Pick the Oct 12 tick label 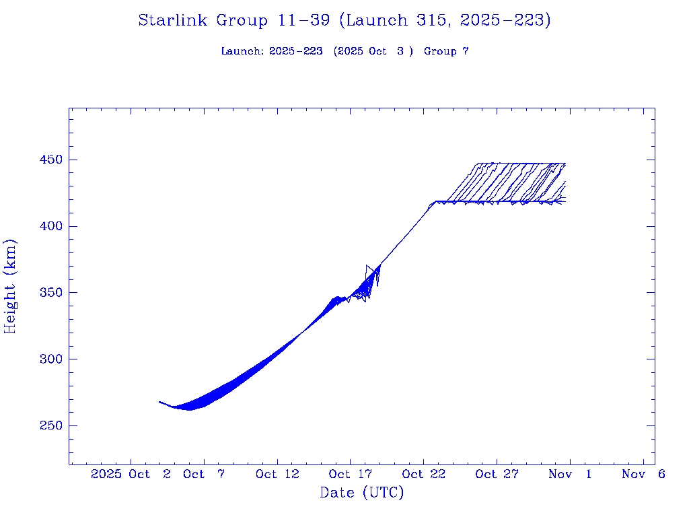point(277,474)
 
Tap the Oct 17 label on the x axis point(350,474)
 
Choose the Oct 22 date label point(423,474)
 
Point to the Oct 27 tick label point(497,474)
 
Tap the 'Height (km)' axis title point(11,286)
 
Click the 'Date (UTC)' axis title point(362,493)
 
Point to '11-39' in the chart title point(303,21)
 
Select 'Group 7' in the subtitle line point(446,52)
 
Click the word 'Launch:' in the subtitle point(242,52)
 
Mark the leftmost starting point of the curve point(159,402)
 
